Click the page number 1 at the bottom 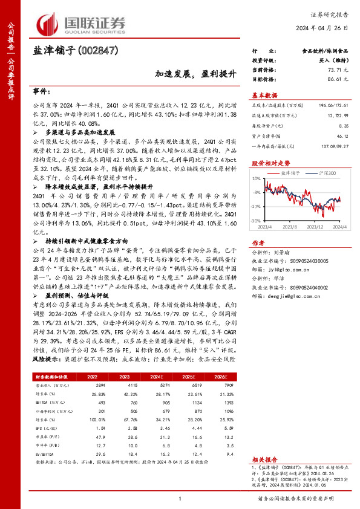(x=180, y=498)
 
